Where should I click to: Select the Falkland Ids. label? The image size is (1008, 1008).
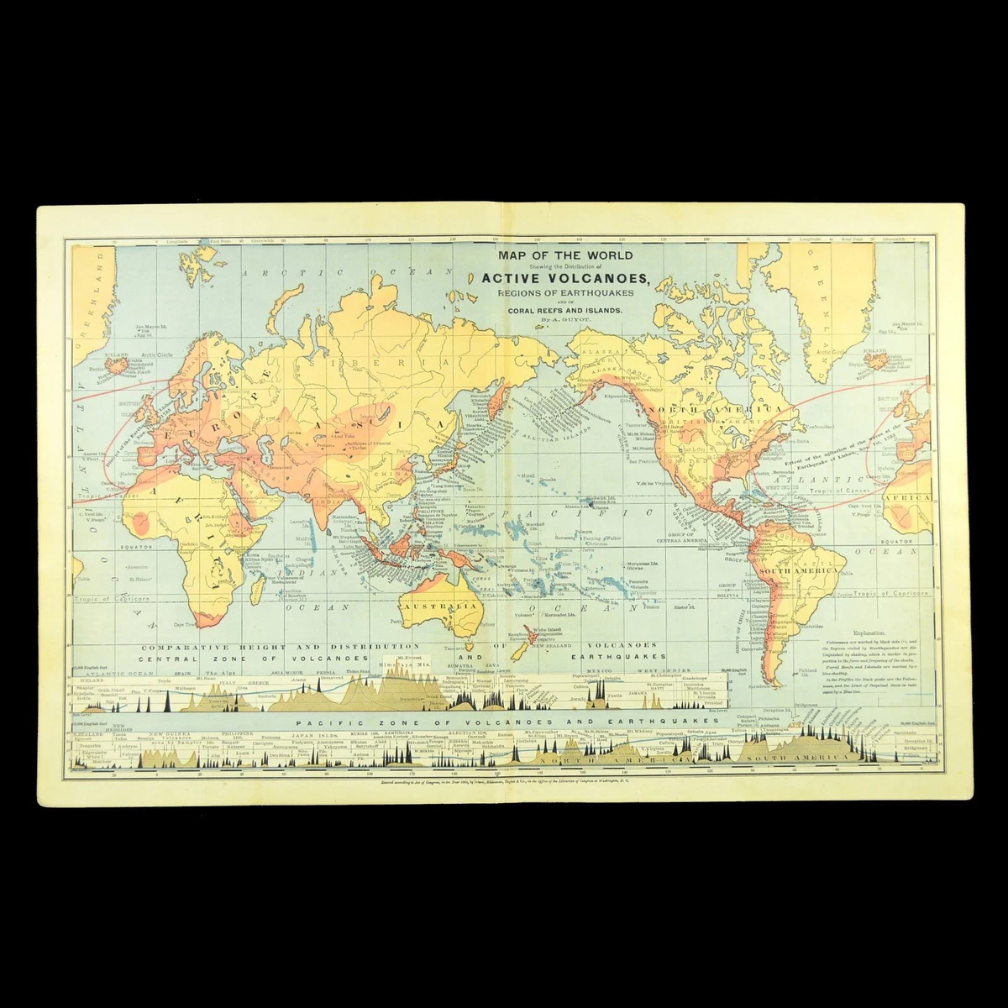pos(807,670)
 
